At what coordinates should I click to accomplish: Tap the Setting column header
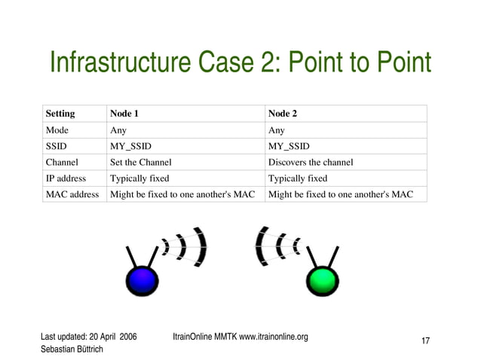coord(60,114)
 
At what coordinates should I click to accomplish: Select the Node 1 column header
coord(124,114)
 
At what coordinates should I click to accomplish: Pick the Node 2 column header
coord(283,114)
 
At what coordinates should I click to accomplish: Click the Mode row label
coord(57,130)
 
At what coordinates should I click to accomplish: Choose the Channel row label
coord(62,162)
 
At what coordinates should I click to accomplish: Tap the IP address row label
coord(66,178)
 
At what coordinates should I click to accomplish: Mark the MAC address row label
coord(72,194)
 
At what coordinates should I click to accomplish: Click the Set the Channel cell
coord(141,162)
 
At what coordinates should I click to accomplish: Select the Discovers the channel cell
coord(311,162)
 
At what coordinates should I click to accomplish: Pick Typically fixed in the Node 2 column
coord(298,178)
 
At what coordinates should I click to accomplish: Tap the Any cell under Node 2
coord(277,130)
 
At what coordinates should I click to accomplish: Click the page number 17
coord(425,342)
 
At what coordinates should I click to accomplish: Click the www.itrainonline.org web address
coord(274,337)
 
